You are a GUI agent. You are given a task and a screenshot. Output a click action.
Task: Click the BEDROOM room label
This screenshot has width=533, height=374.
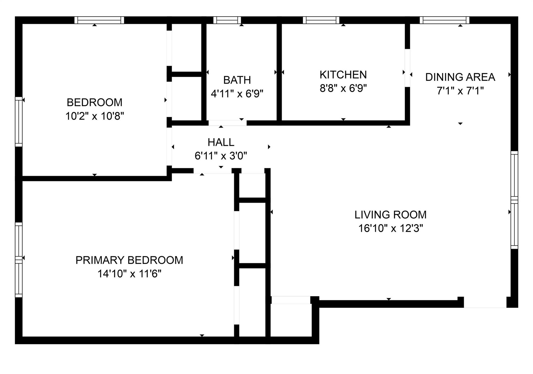[x=94, y=102]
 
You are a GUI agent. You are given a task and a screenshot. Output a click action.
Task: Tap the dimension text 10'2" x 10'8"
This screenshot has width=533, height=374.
[x=94, y=116]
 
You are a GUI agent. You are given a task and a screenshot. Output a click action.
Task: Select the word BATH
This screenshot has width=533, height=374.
[x=237, y=80]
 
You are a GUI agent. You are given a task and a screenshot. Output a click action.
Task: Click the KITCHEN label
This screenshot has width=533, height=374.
[x=343, y=75]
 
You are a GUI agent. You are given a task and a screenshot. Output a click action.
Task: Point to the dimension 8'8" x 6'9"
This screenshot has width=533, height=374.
[x=343, y=89]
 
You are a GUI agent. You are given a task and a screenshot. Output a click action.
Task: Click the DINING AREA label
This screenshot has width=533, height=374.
[x=460, y=77]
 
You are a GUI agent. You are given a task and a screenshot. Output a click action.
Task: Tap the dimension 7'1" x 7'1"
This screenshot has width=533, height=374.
[x=460, y=91]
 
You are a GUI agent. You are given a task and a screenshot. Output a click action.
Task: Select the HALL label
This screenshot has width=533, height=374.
[x=221, y=142]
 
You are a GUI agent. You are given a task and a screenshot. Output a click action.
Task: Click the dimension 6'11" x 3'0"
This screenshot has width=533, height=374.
[x=221, y=156]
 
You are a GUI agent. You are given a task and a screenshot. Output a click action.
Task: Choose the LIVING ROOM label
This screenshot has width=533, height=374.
[x=390, y=215]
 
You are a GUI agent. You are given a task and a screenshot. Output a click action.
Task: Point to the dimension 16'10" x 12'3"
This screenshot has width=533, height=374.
[x=390, y=228]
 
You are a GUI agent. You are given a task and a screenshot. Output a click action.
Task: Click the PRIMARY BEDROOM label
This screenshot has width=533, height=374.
[x=129, y=260]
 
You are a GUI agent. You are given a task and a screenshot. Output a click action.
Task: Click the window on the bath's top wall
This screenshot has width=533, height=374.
[x=227, y=20]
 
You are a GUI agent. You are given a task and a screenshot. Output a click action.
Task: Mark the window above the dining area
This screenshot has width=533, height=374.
[x=444, y=20]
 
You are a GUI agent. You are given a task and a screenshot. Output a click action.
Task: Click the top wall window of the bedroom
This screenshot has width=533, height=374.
[x=99, y=20]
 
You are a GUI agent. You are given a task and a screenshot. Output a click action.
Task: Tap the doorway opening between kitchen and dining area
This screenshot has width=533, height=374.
[x=407, y=68]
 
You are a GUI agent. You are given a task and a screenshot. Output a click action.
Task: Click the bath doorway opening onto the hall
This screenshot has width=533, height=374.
[x=227, y=123]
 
